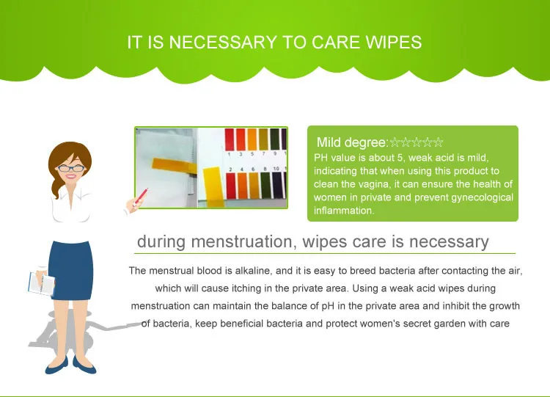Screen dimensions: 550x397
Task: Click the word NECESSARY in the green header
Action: coord(223,43)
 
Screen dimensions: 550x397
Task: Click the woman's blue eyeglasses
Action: coord(71,168)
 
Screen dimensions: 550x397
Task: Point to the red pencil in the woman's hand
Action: coord(141,197)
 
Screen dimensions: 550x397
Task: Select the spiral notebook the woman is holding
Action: coord(41,283)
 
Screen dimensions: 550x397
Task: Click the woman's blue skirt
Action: coord(70,270)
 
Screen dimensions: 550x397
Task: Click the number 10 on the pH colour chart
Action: coord(276,169)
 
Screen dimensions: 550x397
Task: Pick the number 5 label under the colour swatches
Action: coord(252,154)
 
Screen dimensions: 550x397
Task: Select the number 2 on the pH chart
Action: coord(230,170)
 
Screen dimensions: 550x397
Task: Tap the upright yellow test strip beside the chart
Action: coord(213,186)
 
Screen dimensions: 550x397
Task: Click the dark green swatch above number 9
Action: coord(275,139)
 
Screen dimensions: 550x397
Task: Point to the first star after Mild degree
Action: coord(395,142)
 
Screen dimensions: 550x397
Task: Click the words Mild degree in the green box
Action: coord(351,142)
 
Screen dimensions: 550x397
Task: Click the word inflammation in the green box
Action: coord(344,211)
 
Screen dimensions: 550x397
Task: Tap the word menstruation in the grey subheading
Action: coord(242,241)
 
